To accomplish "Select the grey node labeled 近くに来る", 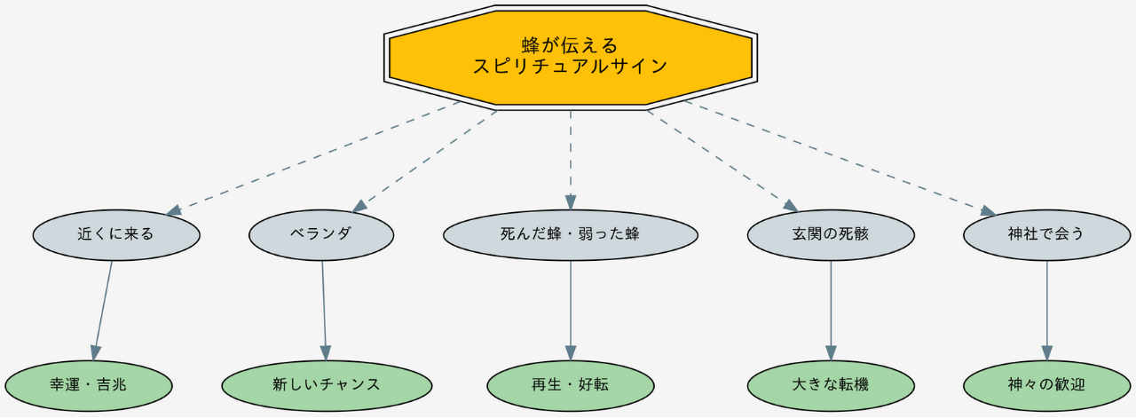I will [116, 235].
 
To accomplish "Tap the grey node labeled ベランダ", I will [321, 235].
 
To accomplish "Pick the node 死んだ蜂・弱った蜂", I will [570, 235].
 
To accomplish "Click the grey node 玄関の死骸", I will [831, 235].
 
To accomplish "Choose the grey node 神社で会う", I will [1046, 235].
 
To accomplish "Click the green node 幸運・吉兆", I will [88, 385].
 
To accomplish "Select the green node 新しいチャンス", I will [327, 385].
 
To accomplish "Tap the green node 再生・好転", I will [570, 385].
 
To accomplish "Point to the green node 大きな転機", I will [831, 385].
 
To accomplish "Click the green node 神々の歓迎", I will [1046, 385].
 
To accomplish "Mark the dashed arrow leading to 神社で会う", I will [839, 157].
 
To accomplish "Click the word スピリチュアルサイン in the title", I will [570, 67].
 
